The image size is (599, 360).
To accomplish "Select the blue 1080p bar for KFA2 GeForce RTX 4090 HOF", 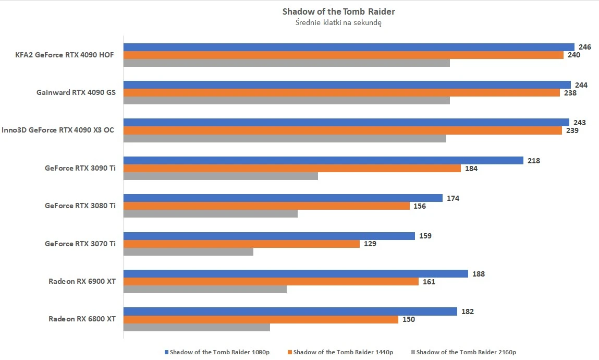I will click(348, 47).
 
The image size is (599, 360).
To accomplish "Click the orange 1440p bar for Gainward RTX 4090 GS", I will click(341, 92).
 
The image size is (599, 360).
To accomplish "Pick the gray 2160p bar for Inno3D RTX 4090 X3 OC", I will click(284, 138).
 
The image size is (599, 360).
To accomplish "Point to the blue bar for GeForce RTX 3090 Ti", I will click(323, 161).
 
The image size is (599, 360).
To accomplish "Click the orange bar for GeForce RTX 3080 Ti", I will click(266, 206).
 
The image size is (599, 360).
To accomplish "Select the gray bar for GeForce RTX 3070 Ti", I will click(188, 251).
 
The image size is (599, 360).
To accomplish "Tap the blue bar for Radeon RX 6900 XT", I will click(295, 274).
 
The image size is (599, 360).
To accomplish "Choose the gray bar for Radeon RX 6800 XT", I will click(196, 327).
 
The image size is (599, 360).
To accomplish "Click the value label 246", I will click(585, 47).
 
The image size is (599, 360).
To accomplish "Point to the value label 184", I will click(471, 169).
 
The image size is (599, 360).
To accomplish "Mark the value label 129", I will click(370, 244).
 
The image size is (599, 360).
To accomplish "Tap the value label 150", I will click(409, 319).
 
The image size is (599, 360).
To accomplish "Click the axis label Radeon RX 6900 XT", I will click(82, 281).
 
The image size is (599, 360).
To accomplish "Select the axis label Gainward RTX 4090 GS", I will click(76, 92).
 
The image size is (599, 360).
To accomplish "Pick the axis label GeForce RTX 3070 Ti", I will click(80, 244).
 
